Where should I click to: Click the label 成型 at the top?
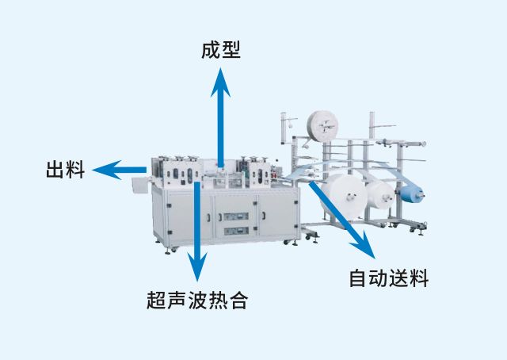tap(221, 50)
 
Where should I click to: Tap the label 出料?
tap(65, 170)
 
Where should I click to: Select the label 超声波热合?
tap(197, 300)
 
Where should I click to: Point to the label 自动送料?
tap(389, 278)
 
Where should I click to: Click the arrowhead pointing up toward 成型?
tap(220, 82)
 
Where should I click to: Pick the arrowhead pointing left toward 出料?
tap(107, 170)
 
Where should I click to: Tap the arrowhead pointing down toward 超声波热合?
tap(197, 266)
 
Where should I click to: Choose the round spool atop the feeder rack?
tap(322, 126)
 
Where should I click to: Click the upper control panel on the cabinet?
tap(236, 216)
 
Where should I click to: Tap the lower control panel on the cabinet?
tap(236, 232)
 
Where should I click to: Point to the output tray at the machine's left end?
tap(140, 185)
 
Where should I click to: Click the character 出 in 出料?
tap(55, 170)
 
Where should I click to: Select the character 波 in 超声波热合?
tap(197, 300)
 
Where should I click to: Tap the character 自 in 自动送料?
tap(359, 278)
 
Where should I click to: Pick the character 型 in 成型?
tap(231, 50)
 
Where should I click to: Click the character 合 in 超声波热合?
tap(239, 300)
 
